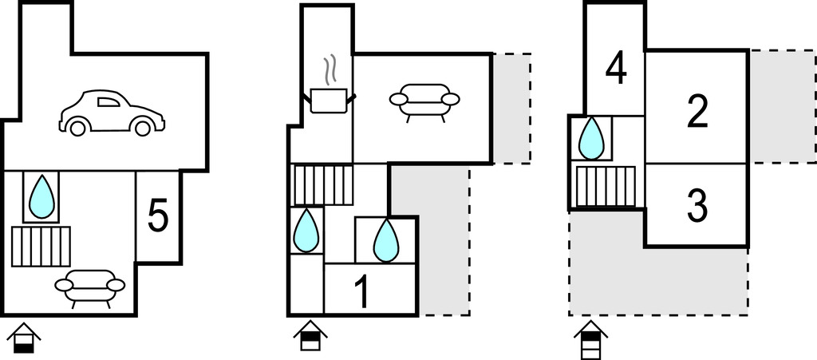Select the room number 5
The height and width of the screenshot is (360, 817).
click(x=158, y=216)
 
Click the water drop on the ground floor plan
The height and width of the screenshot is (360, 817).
click(x=41, y=197)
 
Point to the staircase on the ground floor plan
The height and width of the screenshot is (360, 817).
click(x=41, y=246)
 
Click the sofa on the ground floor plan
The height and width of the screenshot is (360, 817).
click(x=89, y=287)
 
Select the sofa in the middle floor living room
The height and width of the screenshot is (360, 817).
click(x=424, y=101)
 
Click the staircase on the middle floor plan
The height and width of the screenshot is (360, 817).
click(x=323, y=185)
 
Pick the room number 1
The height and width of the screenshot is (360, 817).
click(x=361, y=293)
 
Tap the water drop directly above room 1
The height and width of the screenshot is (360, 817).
click(x=386, y=239)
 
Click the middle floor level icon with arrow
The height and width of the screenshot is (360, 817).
click(x=310, y=336)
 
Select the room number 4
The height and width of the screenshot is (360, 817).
click(x=615, y=69)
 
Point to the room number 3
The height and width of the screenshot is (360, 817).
click(x=697, y=206)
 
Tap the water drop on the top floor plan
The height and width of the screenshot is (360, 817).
click(x=591, y=138)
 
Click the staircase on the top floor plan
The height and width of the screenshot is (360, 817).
click(x=606, y=186)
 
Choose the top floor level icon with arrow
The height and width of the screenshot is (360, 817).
click(x=590, y=341)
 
